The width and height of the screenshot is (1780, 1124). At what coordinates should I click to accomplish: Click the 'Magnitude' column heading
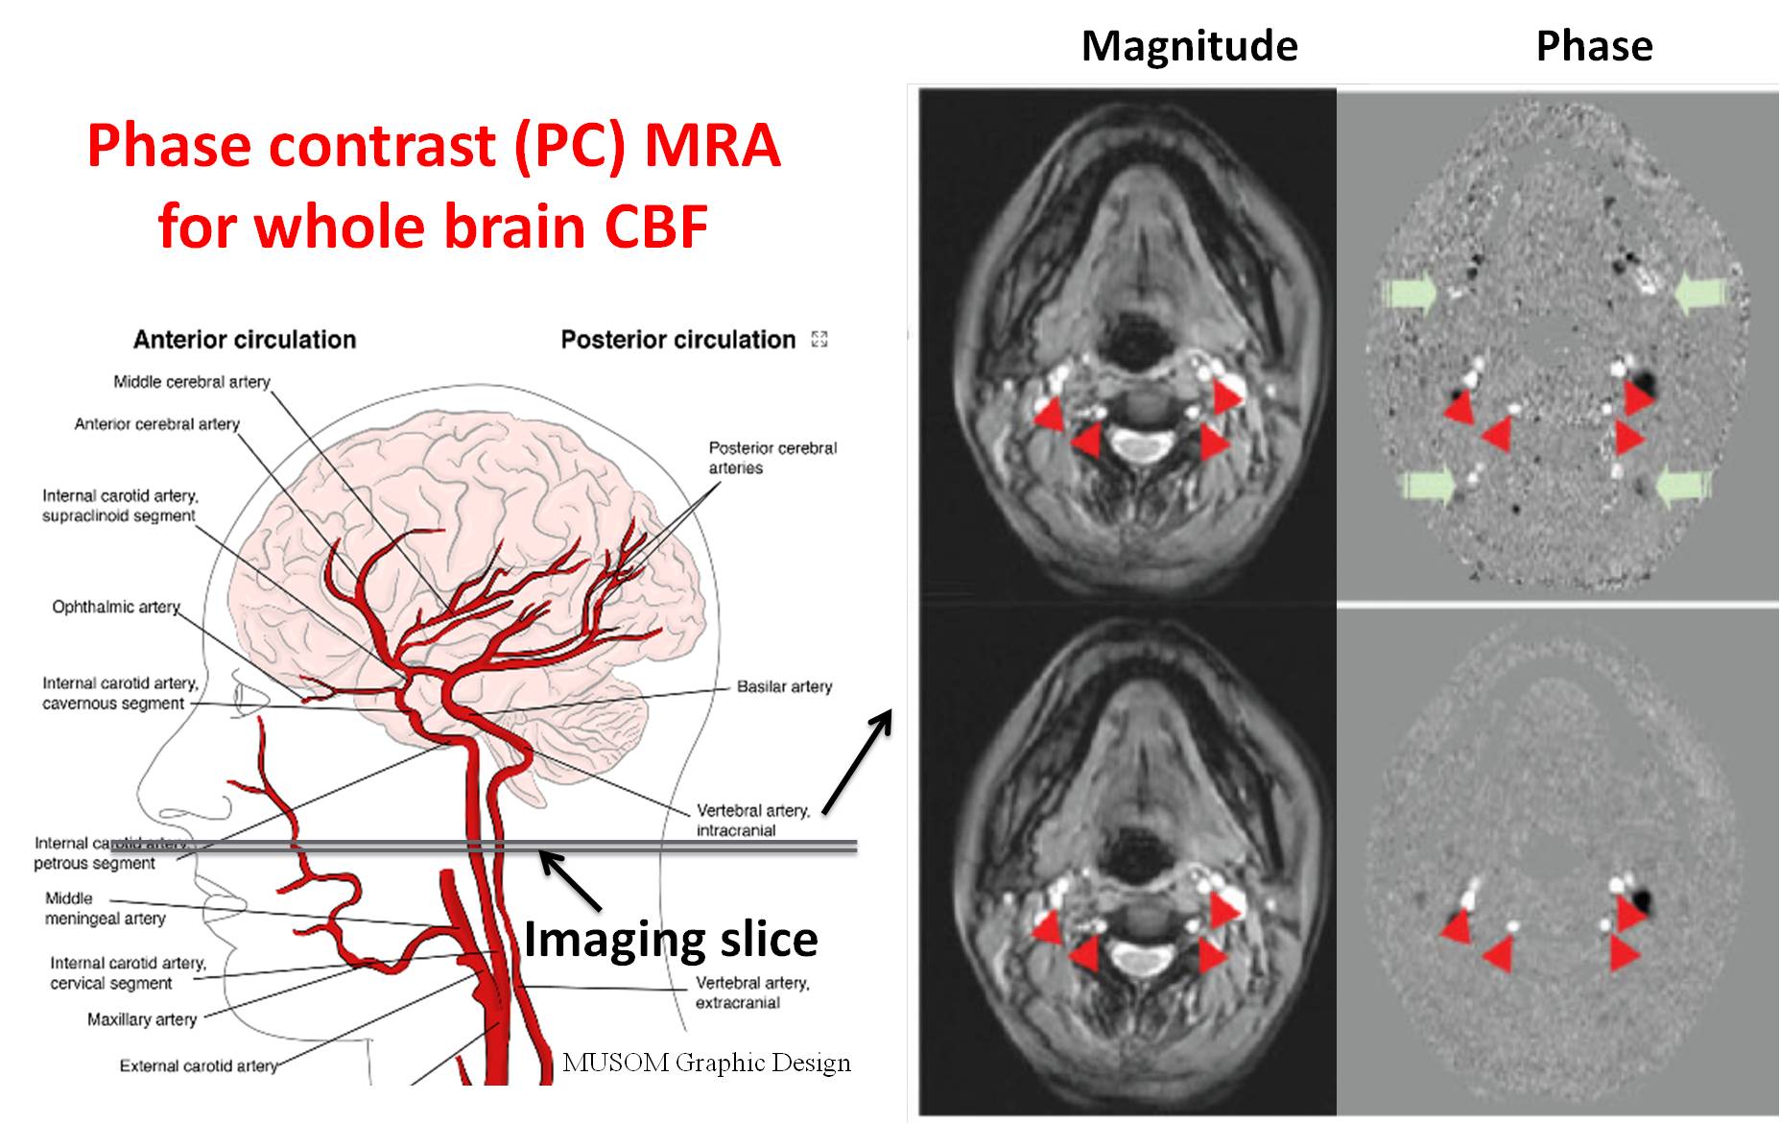[x=1189, y=46]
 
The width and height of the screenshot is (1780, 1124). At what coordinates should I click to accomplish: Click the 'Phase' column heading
[x=1594, y=46]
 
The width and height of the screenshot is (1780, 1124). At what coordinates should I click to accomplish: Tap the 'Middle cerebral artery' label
[x=192, y=382]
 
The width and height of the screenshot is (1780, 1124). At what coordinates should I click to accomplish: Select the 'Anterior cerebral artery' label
[x=156, y=424]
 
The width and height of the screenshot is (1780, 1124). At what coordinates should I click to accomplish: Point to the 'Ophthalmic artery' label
[x=116, y=607]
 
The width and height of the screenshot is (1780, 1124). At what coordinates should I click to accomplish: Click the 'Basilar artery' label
[x=784, y=686]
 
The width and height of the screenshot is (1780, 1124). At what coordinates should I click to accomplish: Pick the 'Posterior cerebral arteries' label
[x=771, y=458]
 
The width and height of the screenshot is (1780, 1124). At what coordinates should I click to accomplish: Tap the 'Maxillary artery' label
[x=142, y=1019]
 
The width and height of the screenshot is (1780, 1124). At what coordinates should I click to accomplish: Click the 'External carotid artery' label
[x=198, y=1065]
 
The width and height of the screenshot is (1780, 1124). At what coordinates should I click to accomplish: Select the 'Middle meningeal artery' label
[x=105, y=908]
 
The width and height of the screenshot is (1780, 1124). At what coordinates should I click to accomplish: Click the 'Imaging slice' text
[x=671, y=939]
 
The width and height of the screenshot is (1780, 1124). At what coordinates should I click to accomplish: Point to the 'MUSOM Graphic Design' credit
[x=706, y=1063]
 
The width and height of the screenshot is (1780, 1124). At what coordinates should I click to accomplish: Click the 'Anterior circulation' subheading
[x=245, y=340]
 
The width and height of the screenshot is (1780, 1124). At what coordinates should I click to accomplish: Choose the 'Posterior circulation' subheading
[x=677, y=340]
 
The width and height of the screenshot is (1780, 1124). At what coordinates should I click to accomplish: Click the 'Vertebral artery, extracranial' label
[x=752, y=992]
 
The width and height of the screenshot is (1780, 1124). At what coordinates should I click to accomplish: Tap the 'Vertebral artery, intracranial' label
[x=752, y=820]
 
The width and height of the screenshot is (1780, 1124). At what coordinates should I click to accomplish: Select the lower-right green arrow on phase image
[x=1685, y=486]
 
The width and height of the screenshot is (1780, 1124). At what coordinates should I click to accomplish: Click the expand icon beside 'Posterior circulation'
[x=819, y=339]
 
